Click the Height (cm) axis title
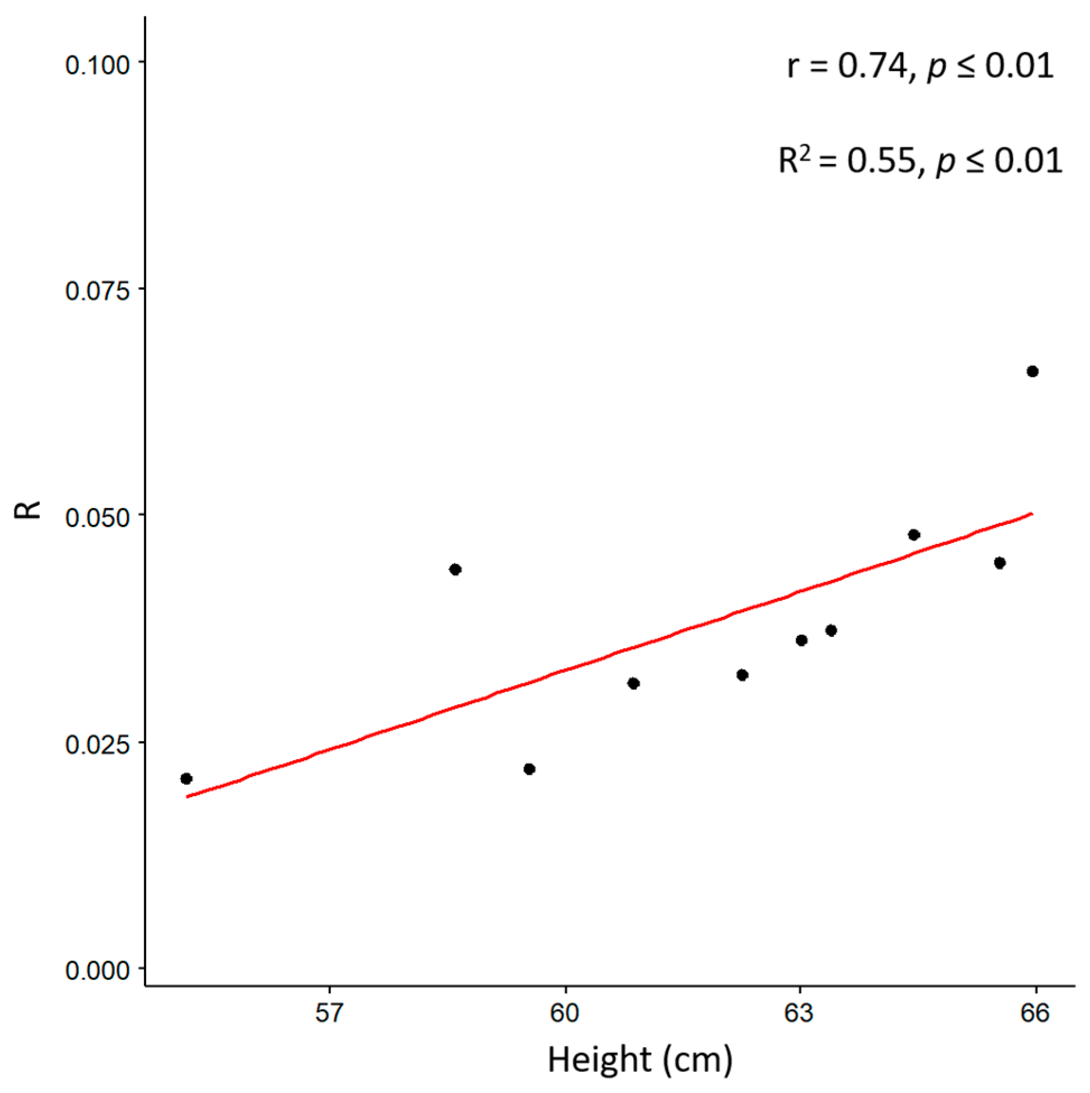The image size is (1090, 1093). [x=640, y=1059]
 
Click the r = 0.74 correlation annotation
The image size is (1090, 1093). [x=920, y=66]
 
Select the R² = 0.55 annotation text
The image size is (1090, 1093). [x=920, y=161]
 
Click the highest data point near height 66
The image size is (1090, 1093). [x=1032, y=371]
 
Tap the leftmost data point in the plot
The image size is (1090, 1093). [x=186, y=779]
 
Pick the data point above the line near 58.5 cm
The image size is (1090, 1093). [x=455, y=569]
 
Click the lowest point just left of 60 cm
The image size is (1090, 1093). [x=529, y=769]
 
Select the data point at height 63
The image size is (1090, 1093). [x=801, y=640]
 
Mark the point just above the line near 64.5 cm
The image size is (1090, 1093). [x=914, y=534]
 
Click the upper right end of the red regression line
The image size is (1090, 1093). [x=1031, y=514]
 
